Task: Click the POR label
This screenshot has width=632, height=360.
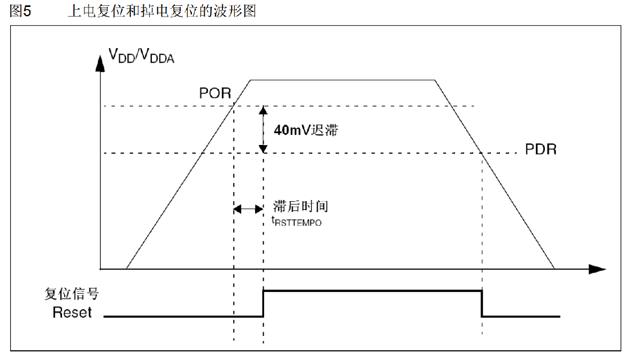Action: click(x=215, y=93)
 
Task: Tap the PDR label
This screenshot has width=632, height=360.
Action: click(x=541, y=149)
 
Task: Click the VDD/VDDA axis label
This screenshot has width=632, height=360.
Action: click(x=142, y=56)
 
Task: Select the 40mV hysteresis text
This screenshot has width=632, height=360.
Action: click(x=305, y=130)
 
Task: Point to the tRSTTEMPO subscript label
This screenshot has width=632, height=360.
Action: click(x=297, y=221)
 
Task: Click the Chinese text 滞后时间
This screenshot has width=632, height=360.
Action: click(x=300, y=207)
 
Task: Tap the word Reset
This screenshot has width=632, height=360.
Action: click(x=72, y=312)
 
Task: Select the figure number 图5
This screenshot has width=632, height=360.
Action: click(x=21, y=11)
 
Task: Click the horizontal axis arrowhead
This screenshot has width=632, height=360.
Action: click(x=597, y=269)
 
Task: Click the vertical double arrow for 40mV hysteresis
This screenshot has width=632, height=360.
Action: click(x=263, y=129)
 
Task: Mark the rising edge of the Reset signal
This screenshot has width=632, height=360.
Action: click(x=263, y=303)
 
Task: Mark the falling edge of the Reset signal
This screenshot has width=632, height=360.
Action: click(x=482, y=303)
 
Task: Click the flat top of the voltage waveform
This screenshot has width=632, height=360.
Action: click(x=342, y=80)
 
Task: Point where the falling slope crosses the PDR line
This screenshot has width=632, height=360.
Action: click(x=481, y=154)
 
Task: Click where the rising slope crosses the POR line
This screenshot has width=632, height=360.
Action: click(x=234, y=106)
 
